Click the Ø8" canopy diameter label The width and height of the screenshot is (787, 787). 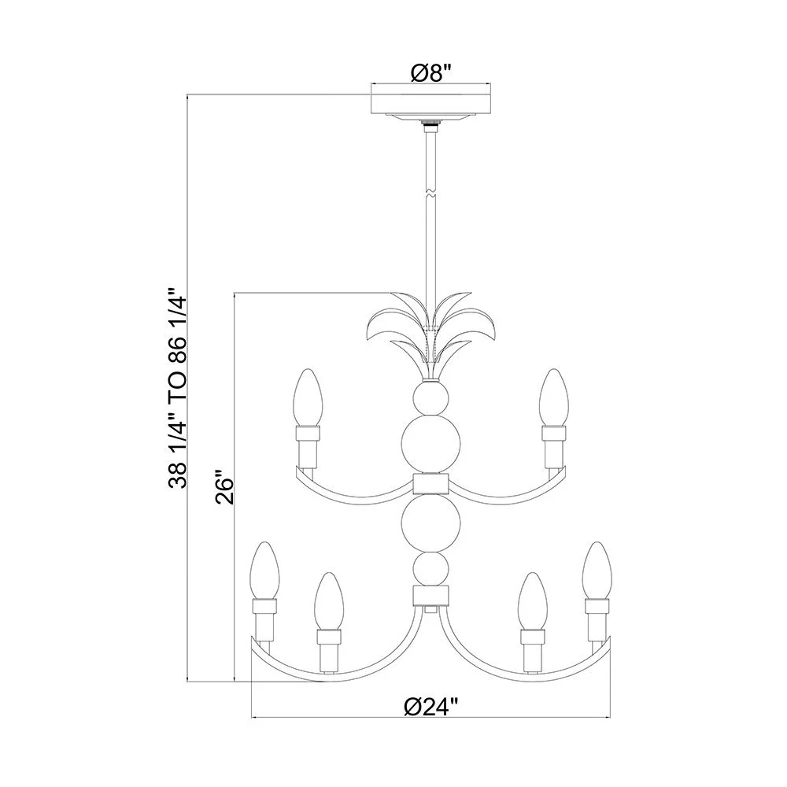[430, 73]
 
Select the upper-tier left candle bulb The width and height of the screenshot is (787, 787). [307, 397]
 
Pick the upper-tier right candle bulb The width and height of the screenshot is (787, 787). [553, 397]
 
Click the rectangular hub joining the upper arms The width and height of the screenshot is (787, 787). [430, 483]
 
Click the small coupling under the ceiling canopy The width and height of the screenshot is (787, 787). [430, 124]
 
